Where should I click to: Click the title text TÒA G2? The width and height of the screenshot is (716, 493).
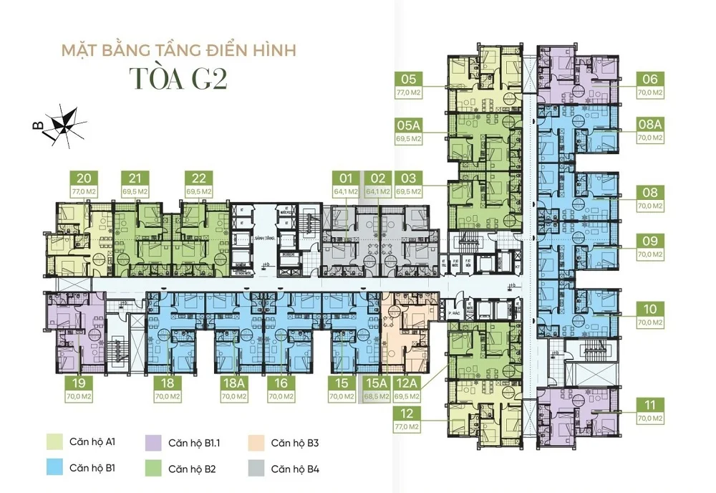click(x=178, y=80)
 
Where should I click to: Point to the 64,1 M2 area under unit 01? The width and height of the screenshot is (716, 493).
click(x=347, y=192)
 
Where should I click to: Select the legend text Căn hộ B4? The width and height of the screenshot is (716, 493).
click(x=295, y=470)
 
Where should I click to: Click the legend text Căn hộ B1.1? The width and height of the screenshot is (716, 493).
click(x=195, y=443)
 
